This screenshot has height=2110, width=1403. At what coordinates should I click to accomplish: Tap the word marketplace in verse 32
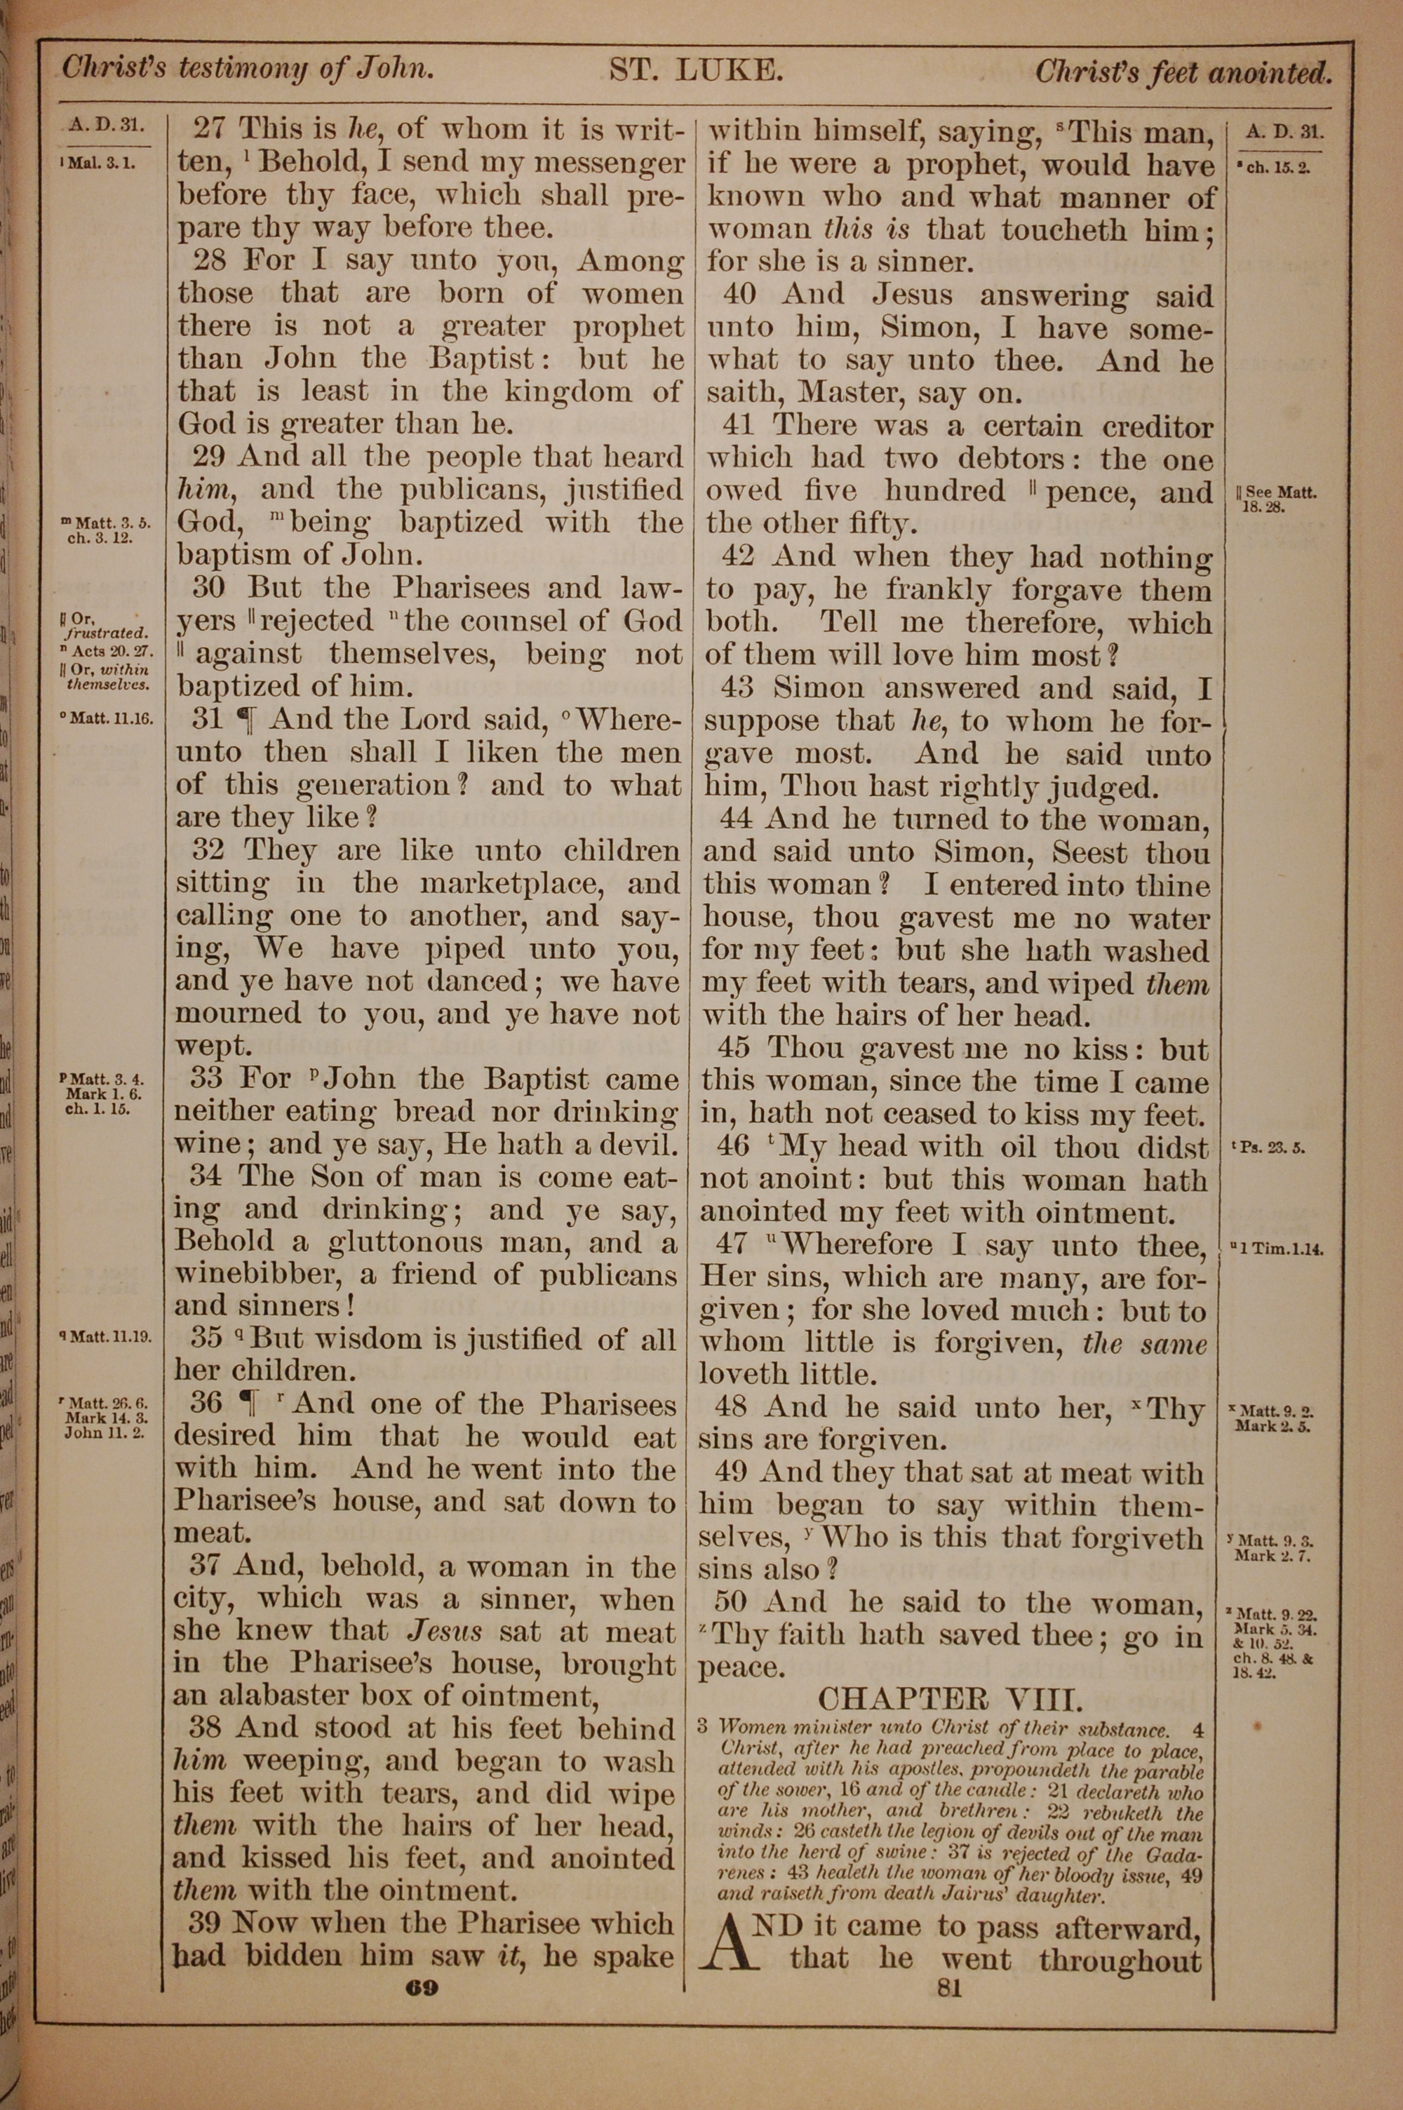[510, 884]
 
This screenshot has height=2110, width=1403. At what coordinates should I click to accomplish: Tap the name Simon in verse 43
[819, 688]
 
